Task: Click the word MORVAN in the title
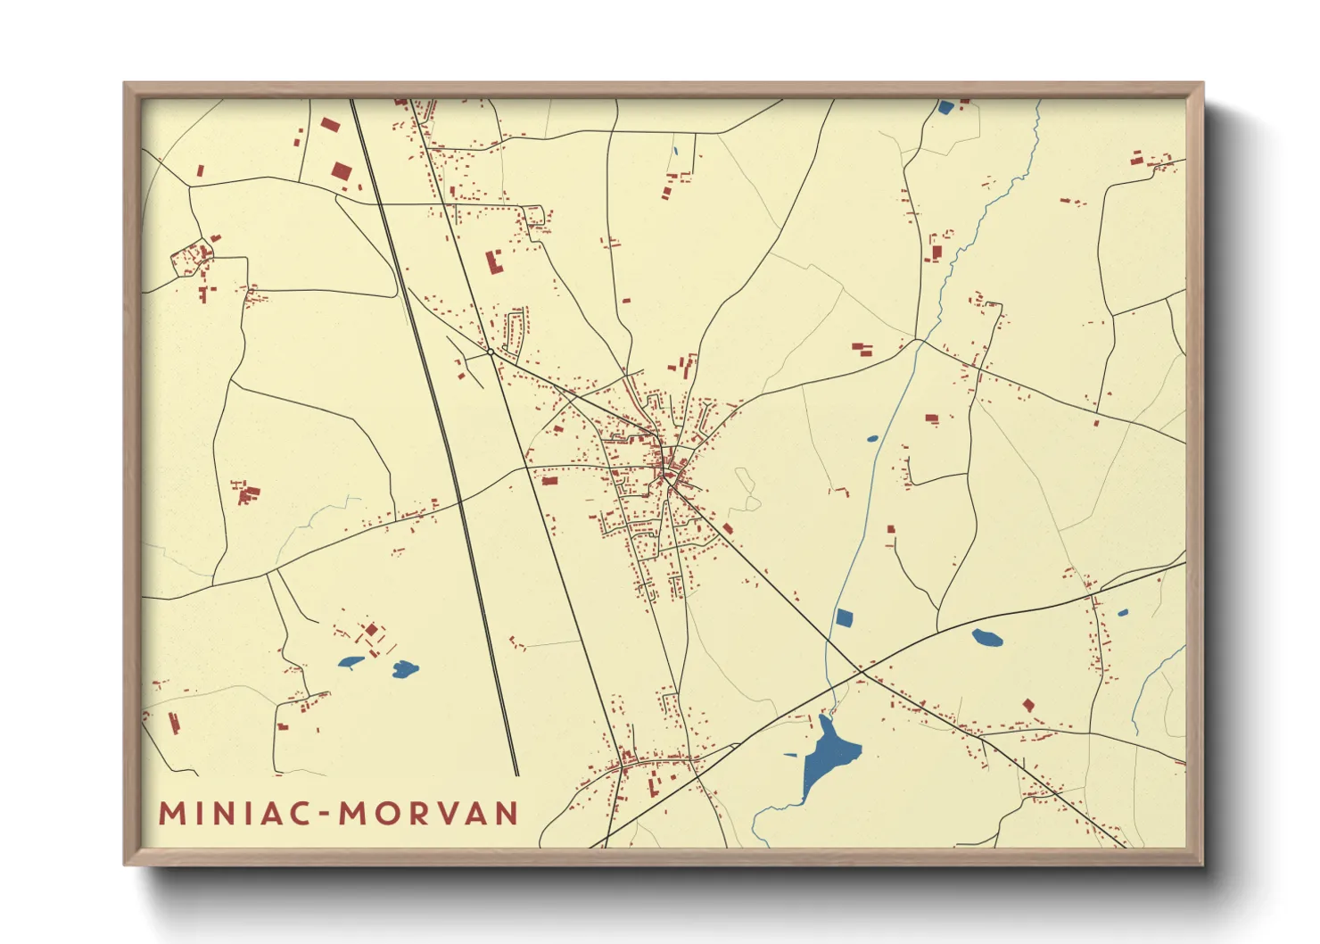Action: pyautogui.click(x=429, y=813)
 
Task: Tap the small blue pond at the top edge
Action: pyautogui.click(x=945, y=108)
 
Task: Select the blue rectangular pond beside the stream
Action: pyautogui.click(x=844, y=617)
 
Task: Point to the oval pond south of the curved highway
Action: pyautogui.click(x=986, y=637)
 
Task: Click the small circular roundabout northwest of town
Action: pyautogui.click(x=491, y=352)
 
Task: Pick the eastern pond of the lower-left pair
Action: pyautogui.click(x=406, y=668)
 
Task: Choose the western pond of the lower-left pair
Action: pyautogui.click(x=350, y=662)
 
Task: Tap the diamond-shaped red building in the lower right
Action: pyautogui.click(x=1027, y=705)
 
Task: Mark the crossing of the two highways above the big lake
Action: pyautogui.click(x=861, y=668)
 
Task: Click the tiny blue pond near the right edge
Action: pyautogui.click(x=1122, y=613)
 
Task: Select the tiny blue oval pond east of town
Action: pyautogui.click(x=871, y=439)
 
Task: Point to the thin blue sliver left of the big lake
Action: pyautogui.click(x=789, y=755)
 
